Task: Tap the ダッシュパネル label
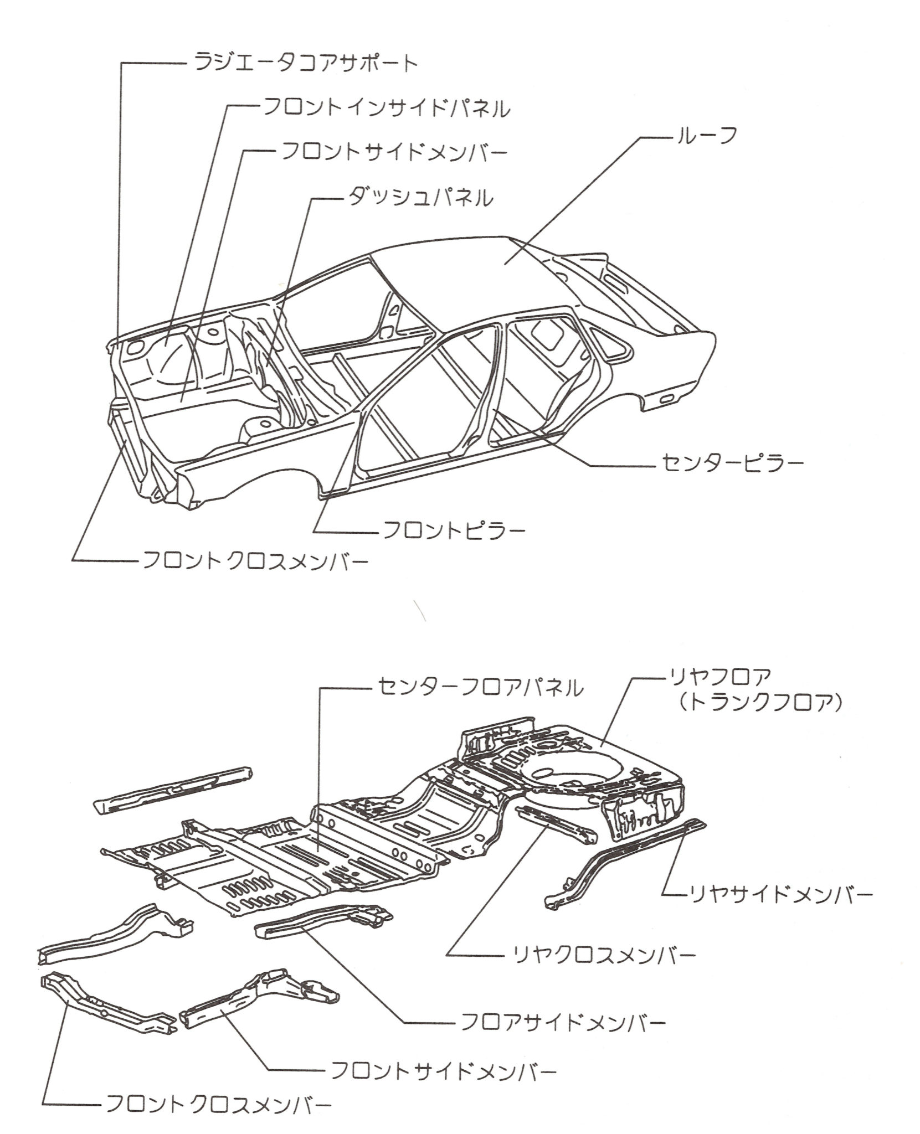point(420,197)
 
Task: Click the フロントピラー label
point(454,532)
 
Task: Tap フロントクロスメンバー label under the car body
point(255,561)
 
